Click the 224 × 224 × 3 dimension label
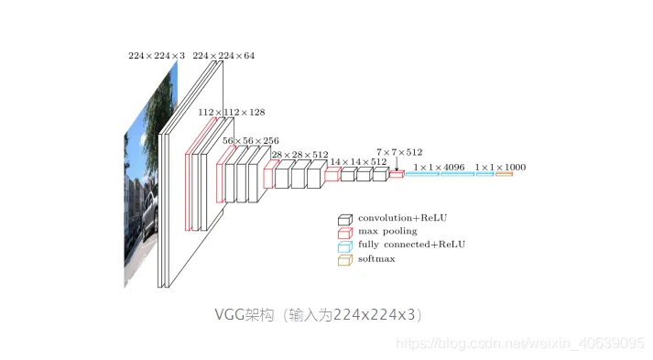tap(157, 56)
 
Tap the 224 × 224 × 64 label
tap(223, 56)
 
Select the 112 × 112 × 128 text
tap(232, 113)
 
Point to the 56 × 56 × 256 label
tap(251, 141)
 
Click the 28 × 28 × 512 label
tap(299, 155)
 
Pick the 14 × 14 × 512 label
tap(359, 161)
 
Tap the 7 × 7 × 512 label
tap(399, 152)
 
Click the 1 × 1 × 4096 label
tap(439, 168)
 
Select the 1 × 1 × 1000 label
tap(501, 168)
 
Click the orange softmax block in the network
tap(504, 174)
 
